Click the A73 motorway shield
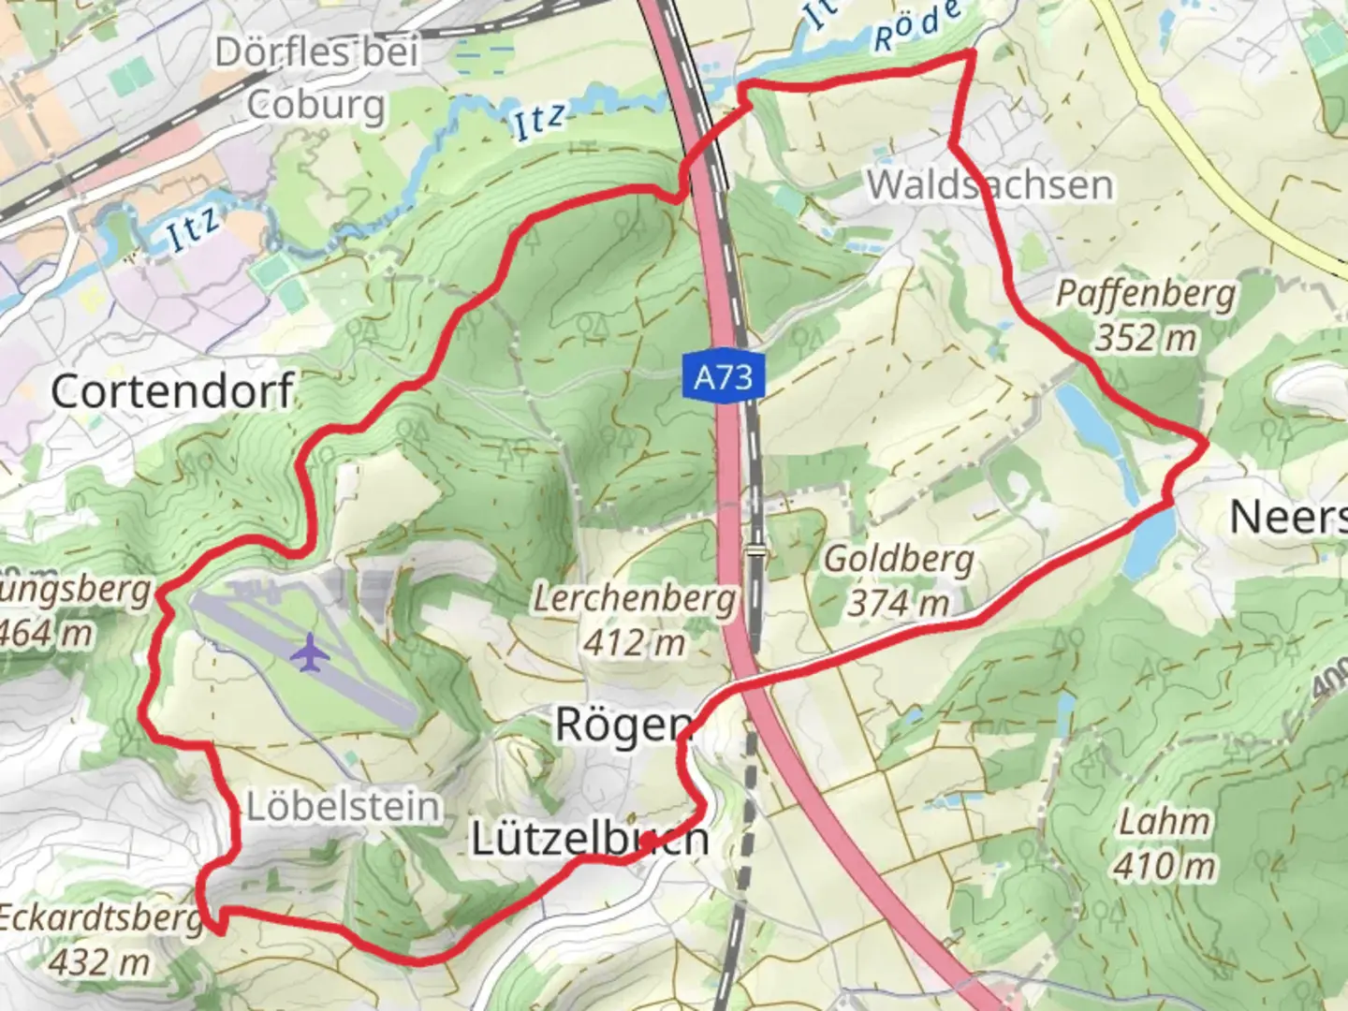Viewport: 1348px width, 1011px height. (x=724, y=377)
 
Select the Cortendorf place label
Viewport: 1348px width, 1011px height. (x=172, y=390)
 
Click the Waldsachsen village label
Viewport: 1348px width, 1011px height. (x=990, y=184)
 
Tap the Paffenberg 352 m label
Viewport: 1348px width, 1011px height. (x=1146, y=315)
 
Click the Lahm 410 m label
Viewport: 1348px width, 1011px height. (x=1165, y=844)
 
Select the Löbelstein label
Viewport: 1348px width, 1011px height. (x=343, y=806)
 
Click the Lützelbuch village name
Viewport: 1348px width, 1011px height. (x=589, y=838)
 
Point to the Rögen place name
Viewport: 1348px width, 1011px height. (x=623, y=725)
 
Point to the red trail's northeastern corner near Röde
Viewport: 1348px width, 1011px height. (x=971, y=54)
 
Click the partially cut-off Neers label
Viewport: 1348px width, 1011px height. (x=1287, y=517)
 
